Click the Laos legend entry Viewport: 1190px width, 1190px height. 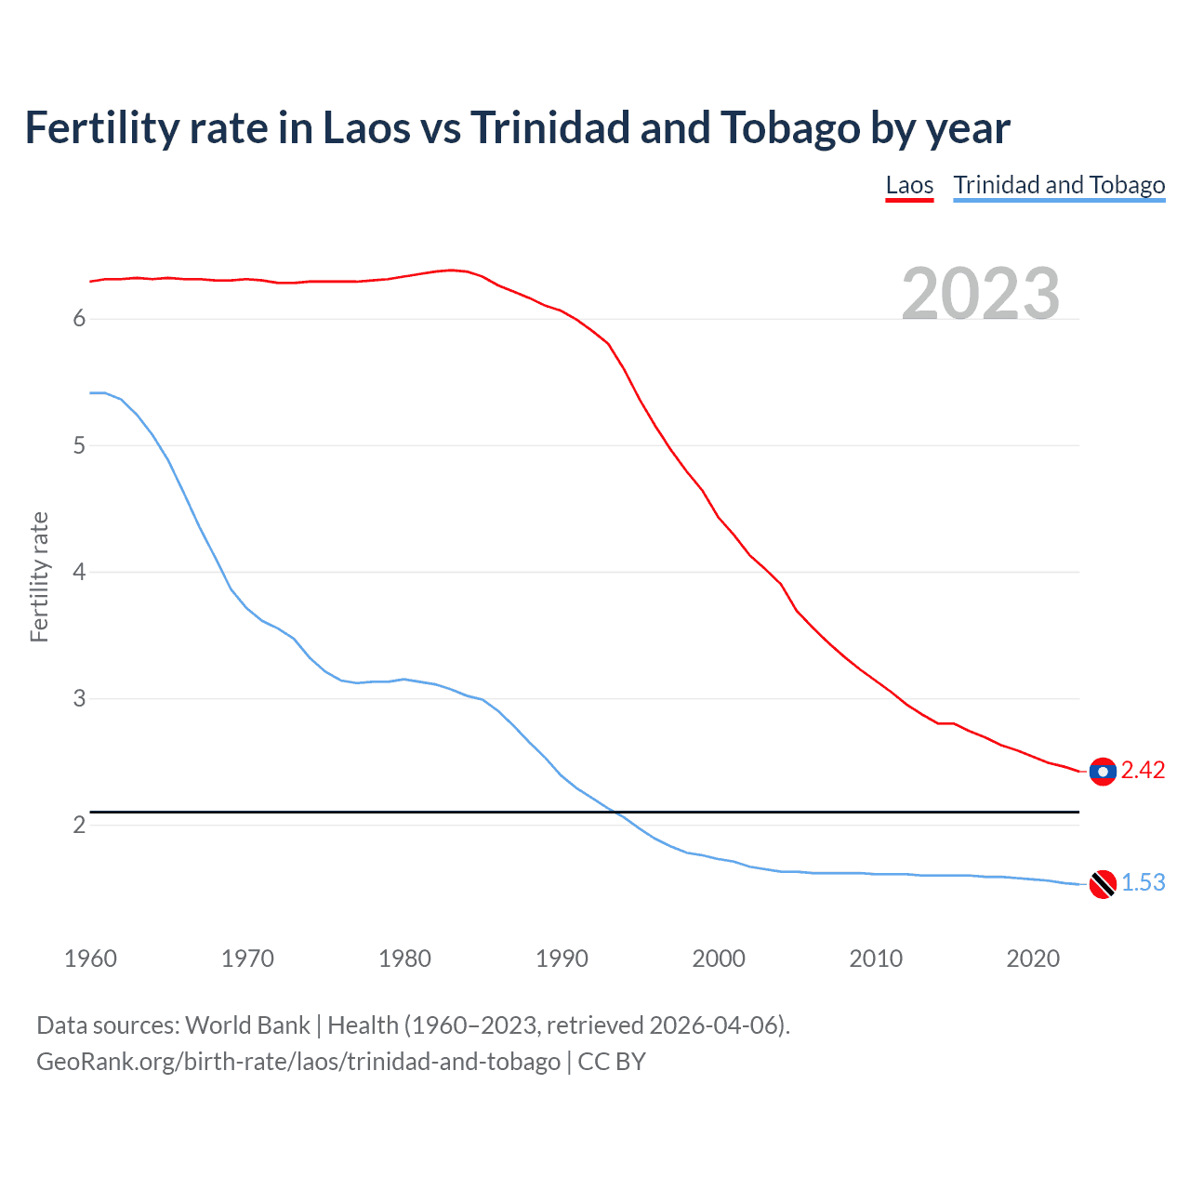[909, 185]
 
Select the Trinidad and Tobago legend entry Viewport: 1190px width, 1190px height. [1059, 185]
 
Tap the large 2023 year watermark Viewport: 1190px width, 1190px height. [981, 294]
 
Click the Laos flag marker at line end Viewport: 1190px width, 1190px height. [1102, 772]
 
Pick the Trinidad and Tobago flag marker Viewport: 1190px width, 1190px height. [1102, 884]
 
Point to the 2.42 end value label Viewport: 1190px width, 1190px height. [1143, 771]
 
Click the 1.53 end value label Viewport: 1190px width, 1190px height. [1143, 883]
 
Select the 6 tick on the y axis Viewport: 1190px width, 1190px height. [79, 319]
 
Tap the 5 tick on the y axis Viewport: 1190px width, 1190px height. [79, 445]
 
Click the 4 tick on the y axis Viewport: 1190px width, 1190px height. [79, 572]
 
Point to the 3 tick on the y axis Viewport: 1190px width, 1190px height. [79, 698]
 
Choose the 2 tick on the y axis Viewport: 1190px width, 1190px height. [79, 825]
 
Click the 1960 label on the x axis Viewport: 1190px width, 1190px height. [91, 959]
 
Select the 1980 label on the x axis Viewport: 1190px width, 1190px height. [404, 959]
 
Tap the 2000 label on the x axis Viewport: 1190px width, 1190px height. [719, 959]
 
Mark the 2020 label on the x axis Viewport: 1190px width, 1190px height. [1033, 959]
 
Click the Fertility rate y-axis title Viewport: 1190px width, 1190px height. [39, 576]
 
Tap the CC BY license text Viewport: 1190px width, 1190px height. [611, 1062]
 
